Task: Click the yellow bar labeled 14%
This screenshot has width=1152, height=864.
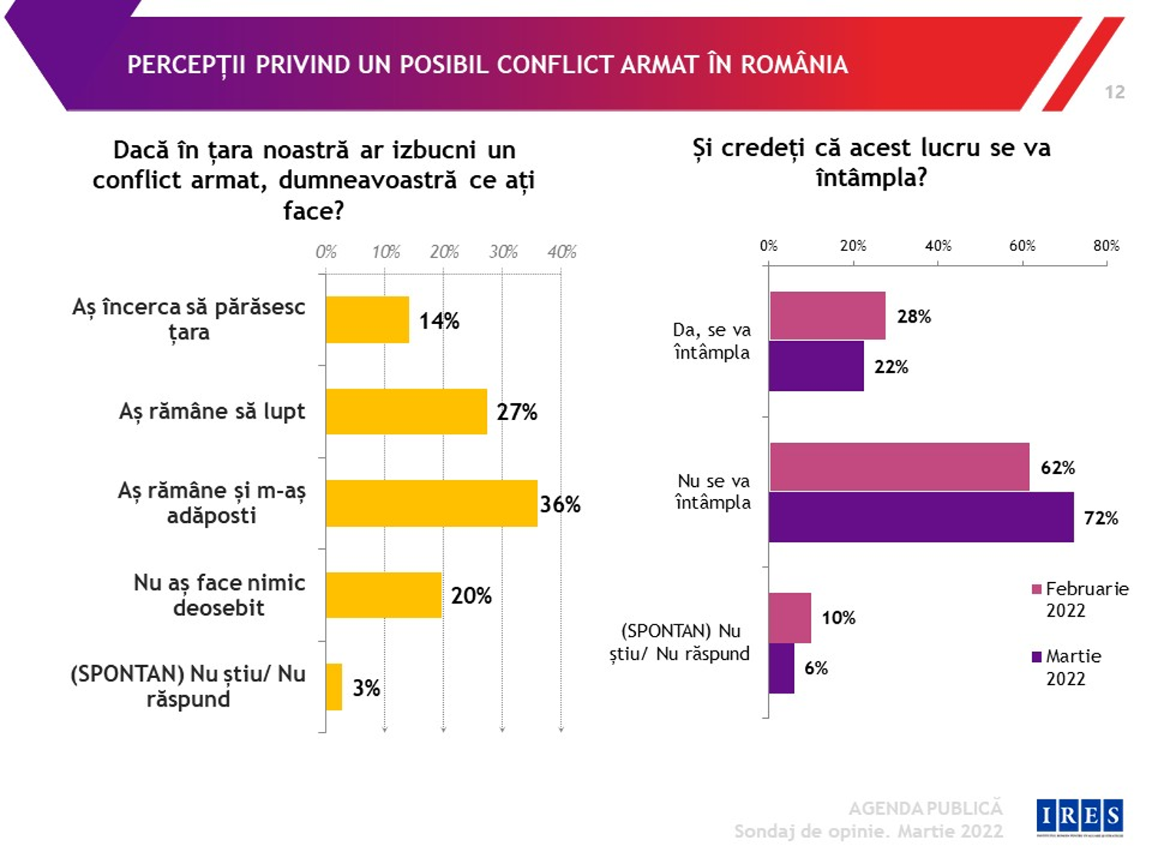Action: pos(367,319)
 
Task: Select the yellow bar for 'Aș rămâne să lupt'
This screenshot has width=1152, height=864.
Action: pos(406,412)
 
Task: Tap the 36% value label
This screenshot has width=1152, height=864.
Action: pos(560,505)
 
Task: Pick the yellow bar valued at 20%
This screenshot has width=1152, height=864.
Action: pos(383,595)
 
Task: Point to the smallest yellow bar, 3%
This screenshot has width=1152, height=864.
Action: pos(334,687)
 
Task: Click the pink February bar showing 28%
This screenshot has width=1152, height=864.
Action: pos(827,316)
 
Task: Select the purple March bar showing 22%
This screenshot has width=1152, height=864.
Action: pos(816,366)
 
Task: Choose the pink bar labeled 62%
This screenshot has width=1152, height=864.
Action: pos(899,467)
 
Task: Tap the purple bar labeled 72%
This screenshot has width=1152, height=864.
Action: pos(921,518)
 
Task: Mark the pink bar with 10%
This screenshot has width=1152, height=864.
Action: pos(790,617)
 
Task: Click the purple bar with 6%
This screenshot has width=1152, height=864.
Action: pos(781,668)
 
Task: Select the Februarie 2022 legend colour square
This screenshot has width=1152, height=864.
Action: pos(1037,589)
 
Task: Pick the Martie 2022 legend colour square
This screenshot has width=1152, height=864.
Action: pos(1037,657)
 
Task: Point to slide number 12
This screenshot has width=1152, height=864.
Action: pos(1114,92)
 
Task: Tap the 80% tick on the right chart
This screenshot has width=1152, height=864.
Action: pos(1106,246)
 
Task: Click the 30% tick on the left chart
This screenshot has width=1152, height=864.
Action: pos(503,252)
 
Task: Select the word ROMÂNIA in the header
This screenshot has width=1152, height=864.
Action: pos(794,65)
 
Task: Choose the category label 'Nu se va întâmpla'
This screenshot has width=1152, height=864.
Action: pos(713,492)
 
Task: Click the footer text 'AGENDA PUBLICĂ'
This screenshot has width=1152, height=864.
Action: pos(925,808)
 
